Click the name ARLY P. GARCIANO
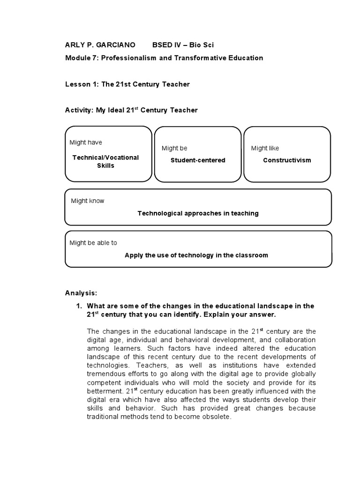[x=100, y=45]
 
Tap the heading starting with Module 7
[x=164, y=58]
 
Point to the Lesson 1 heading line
[x=127, y=84]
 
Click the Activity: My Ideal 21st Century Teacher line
[x=131, y=110]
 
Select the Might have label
[x=86, y=142]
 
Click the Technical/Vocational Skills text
[x=105, y=161]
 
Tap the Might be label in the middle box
[x=174, y=148]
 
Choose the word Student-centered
[x=197, y=160]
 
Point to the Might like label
[x=265, y=148]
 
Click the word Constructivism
[x=287, y=160]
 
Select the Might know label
[x=88, y=201]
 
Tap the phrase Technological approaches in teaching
[x=198, y=213]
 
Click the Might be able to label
[x=93, y=243]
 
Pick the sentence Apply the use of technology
[x=196, y=255]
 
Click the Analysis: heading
[x=81, y=293]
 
